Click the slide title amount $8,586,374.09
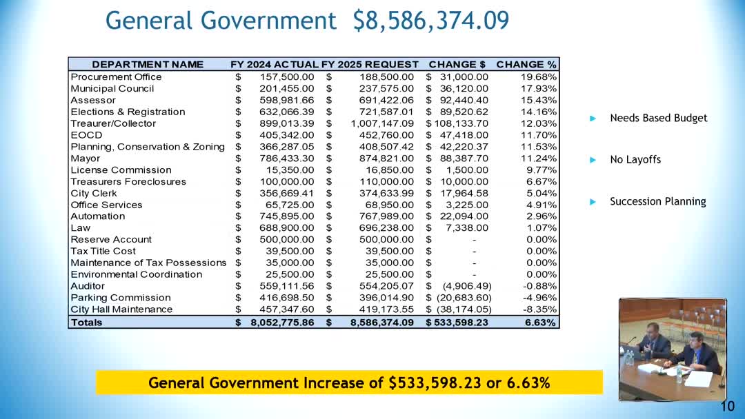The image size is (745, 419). (x=431, y=20)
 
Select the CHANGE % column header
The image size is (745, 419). (x=526, y=64)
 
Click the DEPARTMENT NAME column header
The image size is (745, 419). (x=148, y=64)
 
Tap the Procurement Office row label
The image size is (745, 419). (x=116, y=76)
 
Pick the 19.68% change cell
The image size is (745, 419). (x=539, y=76)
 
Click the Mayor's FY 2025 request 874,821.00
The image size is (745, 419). (x=387, y=158)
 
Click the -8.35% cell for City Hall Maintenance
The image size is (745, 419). (x=540, y=309)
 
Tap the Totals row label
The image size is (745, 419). (x=86, y=322)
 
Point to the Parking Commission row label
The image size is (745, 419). (x=121, y=297)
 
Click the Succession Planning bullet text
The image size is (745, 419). (x=657, y=201)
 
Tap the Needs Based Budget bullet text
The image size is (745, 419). (x=658, y=118)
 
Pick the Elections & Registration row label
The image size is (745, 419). (x=128, y=112)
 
